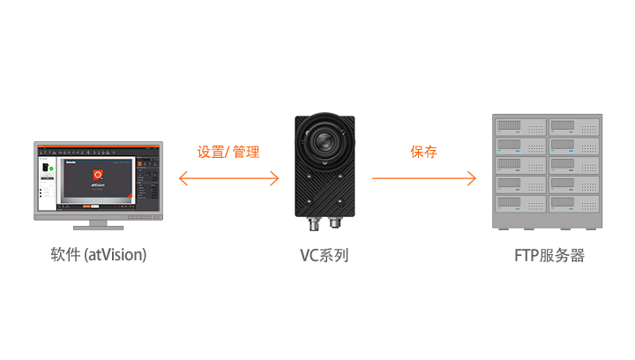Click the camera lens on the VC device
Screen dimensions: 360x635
pos(325,141)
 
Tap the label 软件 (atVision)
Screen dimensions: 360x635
pos(98,256)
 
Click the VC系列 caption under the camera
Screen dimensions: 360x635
pos(324,256)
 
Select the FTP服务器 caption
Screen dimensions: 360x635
pos(549,256)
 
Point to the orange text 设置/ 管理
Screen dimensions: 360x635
pos(228,152)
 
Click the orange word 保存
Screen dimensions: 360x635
pos(423,152)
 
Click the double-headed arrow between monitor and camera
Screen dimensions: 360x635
pos(228,179)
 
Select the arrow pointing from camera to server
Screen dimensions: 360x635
pos(423,179)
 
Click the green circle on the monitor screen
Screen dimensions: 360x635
pos(51,168)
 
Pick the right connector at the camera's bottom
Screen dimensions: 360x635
pos(335,216)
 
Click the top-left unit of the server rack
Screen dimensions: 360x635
pos(520,125)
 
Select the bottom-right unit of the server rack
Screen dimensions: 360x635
pos(575,203)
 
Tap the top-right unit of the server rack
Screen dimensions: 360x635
pos(575,125)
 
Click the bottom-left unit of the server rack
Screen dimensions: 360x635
pos(520,203)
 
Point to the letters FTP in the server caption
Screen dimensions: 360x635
pos(527,256)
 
